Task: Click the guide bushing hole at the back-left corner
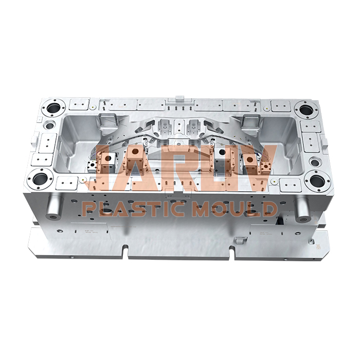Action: point(53,109)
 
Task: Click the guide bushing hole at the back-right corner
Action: point(305,110)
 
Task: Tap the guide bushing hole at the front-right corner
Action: point(318,181)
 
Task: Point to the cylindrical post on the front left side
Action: point(53,207)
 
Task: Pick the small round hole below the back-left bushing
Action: point(49,125)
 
